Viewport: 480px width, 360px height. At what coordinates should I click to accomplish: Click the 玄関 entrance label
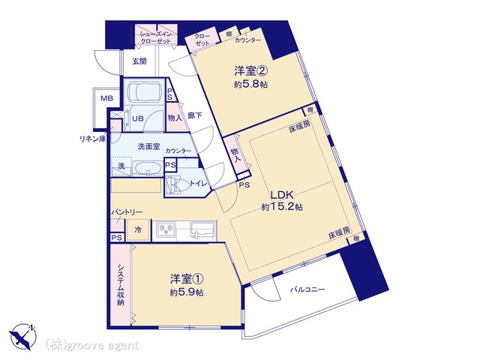tap(139, 61)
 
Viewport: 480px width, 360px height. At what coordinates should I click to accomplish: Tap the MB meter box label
tap(106, 98)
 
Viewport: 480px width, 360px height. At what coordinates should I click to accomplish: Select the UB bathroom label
tap(138, 118)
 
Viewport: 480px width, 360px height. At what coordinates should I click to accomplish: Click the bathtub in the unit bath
tap(145, 91)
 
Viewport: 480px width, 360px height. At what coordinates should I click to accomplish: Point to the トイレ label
tap(199, 183)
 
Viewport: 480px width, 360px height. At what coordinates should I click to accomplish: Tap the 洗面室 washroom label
tap(148, 147)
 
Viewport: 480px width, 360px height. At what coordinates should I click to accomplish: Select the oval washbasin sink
tap(148, 168)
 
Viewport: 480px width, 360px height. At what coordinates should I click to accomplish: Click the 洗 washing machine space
tap(121, 166)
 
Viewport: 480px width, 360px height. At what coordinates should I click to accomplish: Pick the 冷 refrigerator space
tap(138, 229)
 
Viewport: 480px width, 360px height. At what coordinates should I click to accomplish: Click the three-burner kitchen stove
tap(166, 229)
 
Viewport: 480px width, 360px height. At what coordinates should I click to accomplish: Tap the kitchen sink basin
tap(202, 229)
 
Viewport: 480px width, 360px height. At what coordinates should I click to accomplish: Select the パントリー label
tap(127, 212)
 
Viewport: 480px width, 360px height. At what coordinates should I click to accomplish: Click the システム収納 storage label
tap(121, 285)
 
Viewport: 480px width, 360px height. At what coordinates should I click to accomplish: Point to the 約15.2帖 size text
tap(282, 207)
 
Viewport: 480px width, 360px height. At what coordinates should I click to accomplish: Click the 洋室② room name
tap(251, 71)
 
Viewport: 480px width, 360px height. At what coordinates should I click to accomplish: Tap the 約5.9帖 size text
tap(187, 292)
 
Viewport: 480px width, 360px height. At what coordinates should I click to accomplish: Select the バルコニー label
tap(307, 289)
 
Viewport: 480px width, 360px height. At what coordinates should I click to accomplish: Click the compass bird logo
tap(22, 337)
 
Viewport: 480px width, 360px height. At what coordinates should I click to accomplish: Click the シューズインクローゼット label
tap(156, 37)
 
